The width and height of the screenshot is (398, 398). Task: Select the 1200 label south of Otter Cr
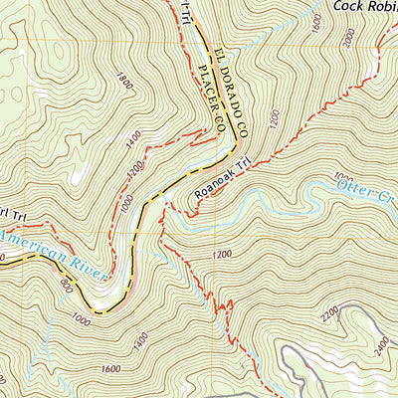coord(222,255)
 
